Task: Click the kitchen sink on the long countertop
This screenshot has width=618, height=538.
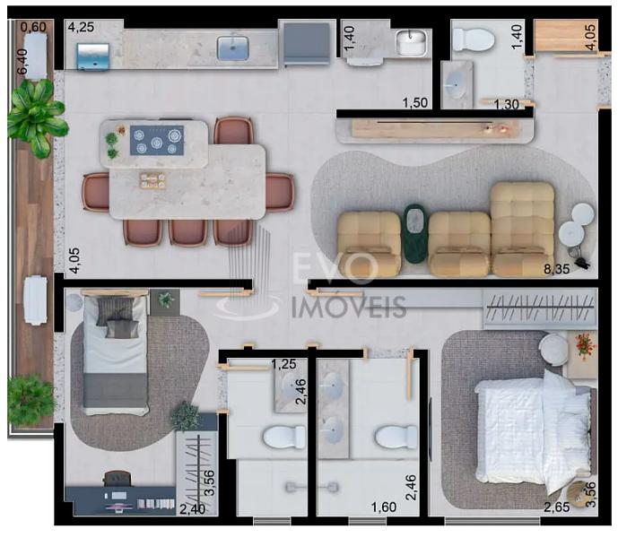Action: [x=232, y=48]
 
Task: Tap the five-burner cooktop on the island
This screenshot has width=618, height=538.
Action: [x=157, y=140]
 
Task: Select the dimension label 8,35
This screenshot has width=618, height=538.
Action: [x=556, y=269]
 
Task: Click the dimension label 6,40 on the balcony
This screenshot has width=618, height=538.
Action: [x=22, y=61]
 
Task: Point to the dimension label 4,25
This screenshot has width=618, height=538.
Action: [x=82, y=27]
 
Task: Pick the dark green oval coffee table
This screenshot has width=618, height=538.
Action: [x=414, y=233]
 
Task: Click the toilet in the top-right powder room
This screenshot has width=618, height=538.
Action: [x=473, y=39]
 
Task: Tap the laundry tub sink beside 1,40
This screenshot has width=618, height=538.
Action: [x=412, y=42]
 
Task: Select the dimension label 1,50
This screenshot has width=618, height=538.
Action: [x=415, y=103]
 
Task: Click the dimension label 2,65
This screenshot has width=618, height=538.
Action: [x=556, y=508]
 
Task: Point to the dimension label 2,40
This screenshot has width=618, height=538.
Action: [x=192, y=509]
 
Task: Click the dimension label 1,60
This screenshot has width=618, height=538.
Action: [x=384, y=508]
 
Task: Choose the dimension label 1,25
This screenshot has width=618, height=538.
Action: [x=283, y=364]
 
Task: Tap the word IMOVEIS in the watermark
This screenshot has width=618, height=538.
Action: [x=349, y=307]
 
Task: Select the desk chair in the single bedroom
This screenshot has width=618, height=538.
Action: [x=118, y=479]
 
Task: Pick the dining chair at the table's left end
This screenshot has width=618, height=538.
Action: [x=96, y=193]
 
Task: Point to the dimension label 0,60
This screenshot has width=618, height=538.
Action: [x=33, y=27]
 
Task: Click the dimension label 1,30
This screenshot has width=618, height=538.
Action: [x=507, y=104]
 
